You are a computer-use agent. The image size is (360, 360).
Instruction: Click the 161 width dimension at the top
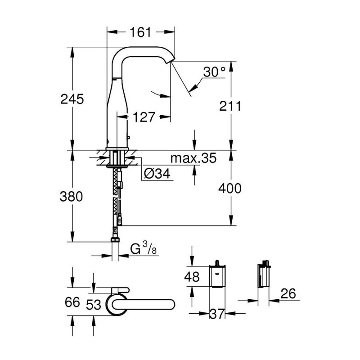(140, 32)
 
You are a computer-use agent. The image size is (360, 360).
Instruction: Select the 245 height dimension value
(72, 99)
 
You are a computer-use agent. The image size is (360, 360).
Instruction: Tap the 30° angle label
(214, 72)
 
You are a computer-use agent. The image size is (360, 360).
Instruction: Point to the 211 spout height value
(230, 106)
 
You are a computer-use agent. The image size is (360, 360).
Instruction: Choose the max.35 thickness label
(193, 158)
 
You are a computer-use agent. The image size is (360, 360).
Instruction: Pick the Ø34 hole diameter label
(158, 174)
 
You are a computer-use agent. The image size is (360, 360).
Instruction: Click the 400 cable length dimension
(230, 188)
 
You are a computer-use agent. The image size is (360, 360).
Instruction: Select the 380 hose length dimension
(72, 197)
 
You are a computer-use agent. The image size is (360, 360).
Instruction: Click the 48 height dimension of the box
(192, 277)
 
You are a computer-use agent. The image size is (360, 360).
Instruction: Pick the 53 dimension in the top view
(94, 305)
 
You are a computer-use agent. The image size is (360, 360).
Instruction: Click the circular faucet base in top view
(116, 305)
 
